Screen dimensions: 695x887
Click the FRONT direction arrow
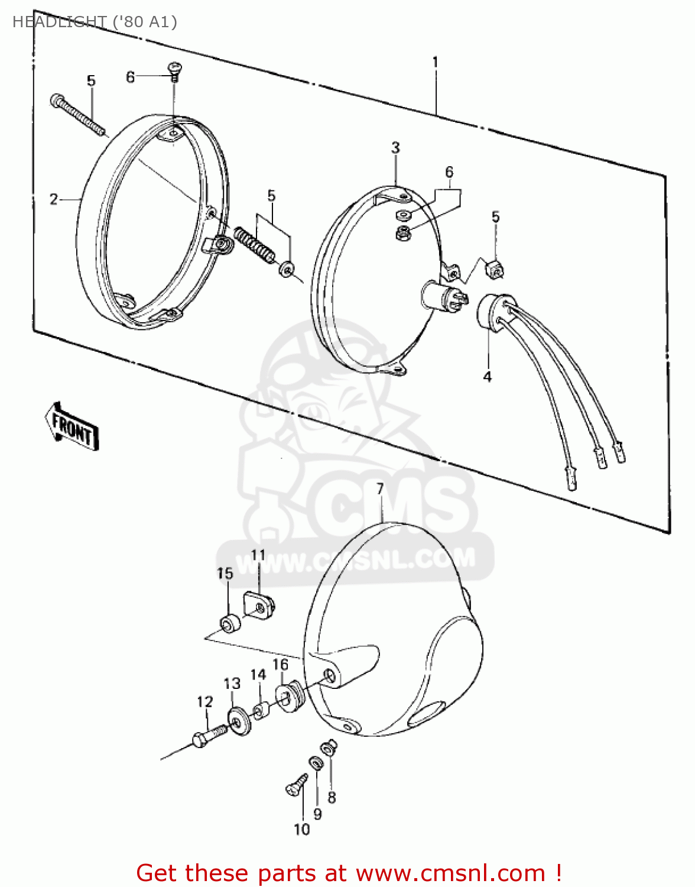[x=72, y=426]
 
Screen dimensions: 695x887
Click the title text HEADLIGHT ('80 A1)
[x=95, y=22]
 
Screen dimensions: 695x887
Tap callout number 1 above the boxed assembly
[x=435, y=63]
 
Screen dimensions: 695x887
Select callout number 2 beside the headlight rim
[x=54, y=199]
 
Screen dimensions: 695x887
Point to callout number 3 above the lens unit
[x=395, y=148]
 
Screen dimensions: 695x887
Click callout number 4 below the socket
[x=488, y=376]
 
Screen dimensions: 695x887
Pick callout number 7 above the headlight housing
[x=380, y=488]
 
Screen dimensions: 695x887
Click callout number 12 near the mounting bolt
[x=204, y=702]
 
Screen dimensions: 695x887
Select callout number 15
[x=225, y=573]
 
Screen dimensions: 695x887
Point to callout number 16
[x=281, y=665]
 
